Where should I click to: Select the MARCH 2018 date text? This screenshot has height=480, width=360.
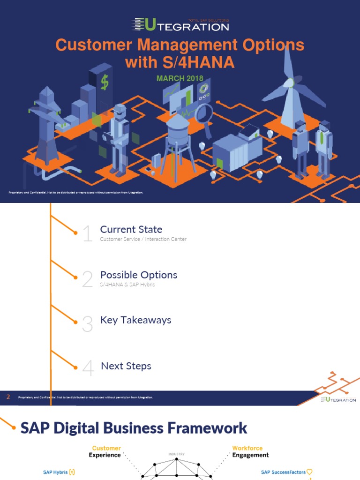(180, 78)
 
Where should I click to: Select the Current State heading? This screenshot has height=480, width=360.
(131, 229)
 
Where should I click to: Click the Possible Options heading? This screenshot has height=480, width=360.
(138, 275)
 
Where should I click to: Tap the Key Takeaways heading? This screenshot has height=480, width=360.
(135, 320)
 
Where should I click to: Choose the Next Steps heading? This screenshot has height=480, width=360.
(126, 366)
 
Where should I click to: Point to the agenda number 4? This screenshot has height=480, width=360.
(88, 369)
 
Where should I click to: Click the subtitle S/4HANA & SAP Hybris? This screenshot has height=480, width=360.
(127, 285)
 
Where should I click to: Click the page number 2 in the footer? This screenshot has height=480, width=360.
(8, 397)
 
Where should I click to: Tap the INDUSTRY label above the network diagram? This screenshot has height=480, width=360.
(176, 454)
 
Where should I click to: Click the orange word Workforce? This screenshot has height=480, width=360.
(247, 448)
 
